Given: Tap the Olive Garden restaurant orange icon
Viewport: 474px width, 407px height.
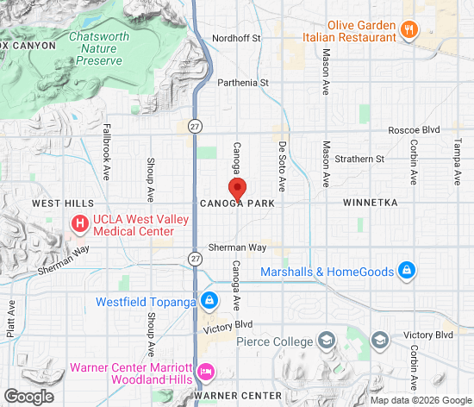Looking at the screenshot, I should [410, 28].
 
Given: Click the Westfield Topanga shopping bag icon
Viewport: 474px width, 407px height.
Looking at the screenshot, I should [208, 301].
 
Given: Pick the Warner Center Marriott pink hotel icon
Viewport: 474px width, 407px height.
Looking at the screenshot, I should [206, 372].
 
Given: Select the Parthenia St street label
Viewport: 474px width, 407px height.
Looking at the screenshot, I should [243, 83].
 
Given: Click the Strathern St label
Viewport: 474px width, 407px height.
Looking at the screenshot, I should [360, 159].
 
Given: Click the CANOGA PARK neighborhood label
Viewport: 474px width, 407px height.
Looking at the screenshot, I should [237, 204].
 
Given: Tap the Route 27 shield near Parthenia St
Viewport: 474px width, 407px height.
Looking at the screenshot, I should [196, 124].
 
